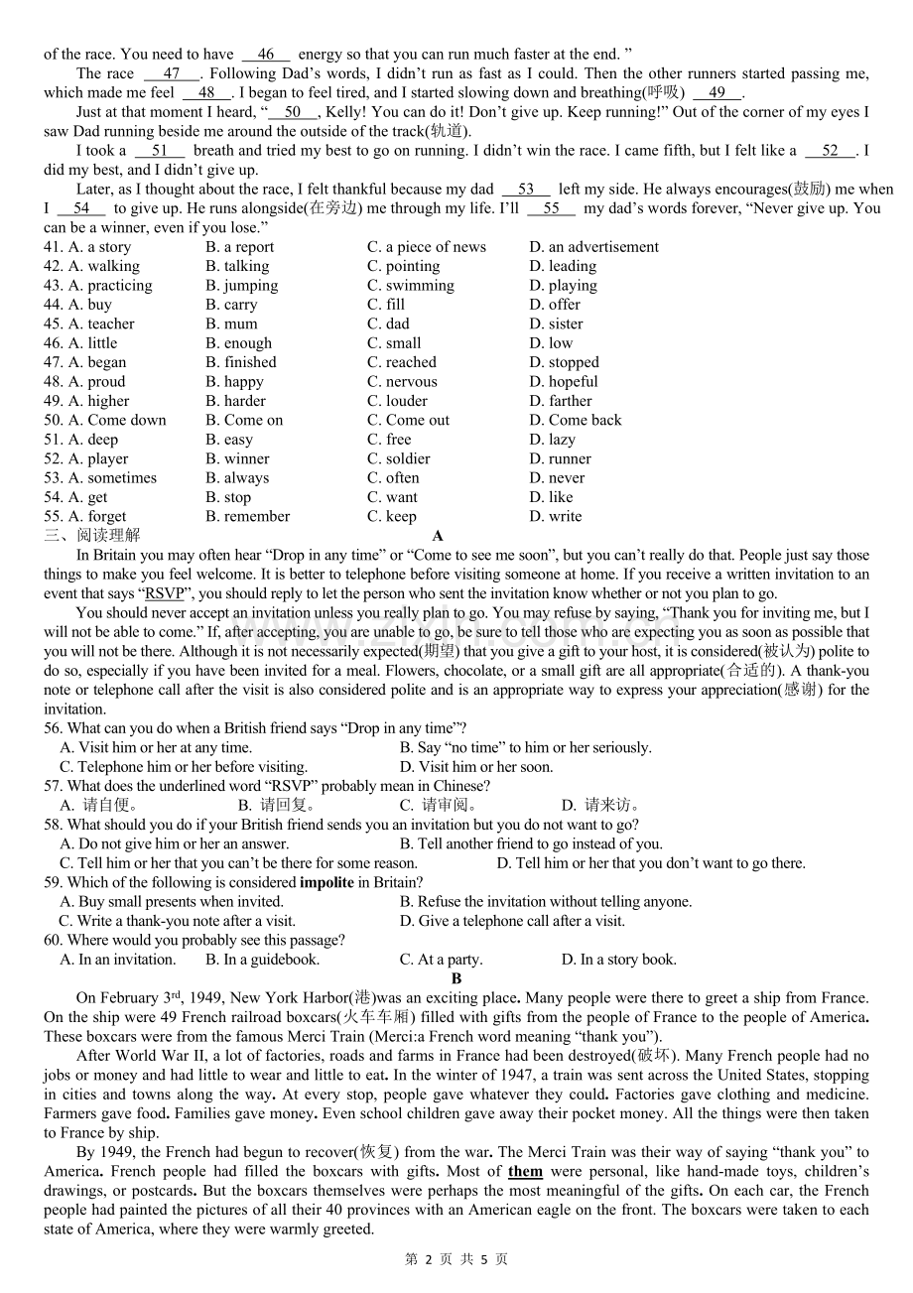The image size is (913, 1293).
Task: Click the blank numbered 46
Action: point(266,55)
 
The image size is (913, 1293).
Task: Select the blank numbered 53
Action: point(526,190)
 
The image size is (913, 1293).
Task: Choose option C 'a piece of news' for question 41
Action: point(427,247)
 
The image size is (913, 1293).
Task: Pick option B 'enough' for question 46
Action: point(238,343)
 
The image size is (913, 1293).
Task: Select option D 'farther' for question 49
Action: point(561,401)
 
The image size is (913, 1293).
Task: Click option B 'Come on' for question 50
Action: point(244,420)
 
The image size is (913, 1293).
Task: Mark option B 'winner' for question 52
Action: point(237,458)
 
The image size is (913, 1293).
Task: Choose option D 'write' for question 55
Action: point(556,516)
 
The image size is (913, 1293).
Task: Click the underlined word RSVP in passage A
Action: point(165,593)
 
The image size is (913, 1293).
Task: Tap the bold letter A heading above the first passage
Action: point(438,536)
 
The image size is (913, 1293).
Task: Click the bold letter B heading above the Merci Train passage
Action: point(456,978)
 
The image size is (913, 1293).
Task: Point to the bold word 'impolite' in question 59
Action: point(326,882)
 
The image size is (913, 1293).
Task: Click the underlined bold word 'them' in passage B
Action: point(526,1172)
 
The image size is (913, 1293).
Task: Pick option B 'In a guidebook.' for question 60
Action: point(262,960)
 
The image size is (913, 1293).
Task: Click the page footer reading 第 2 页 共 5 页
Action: point(456,1259)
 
